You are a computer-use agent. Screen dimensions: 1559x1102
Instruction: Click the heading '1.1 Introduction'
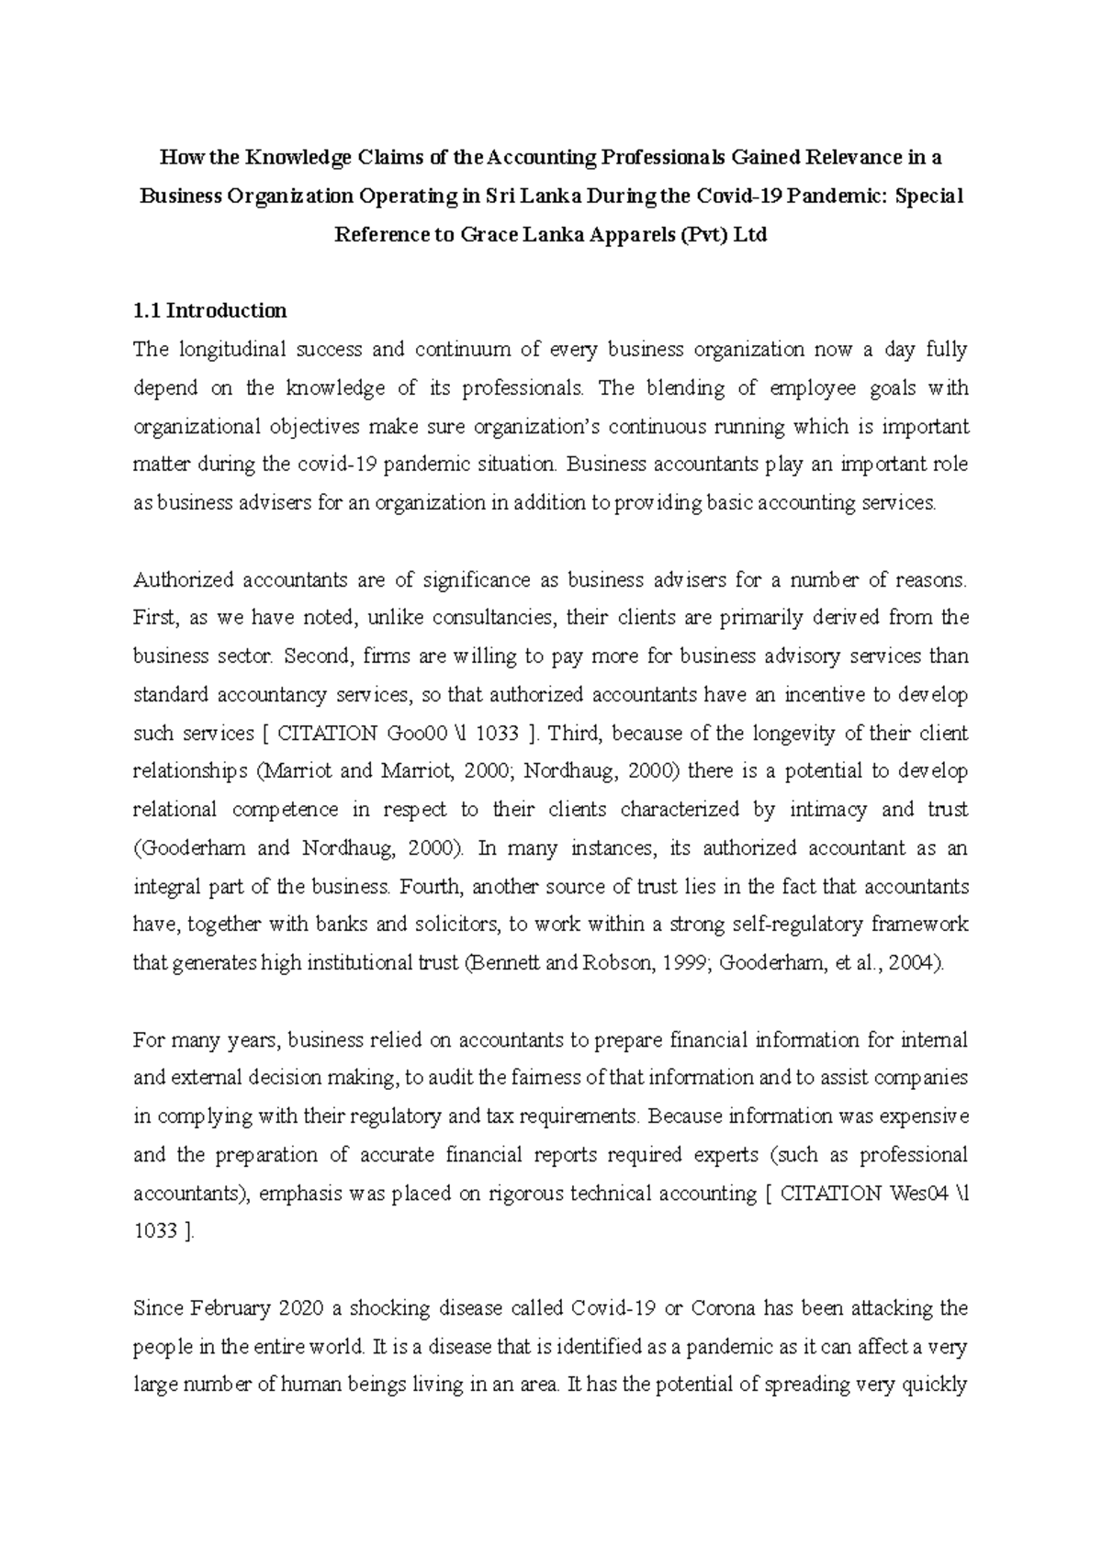[x=209, y=310]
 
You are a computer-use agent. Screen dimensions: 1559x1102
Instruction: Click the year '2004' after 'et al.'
[x=916, y=964]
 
